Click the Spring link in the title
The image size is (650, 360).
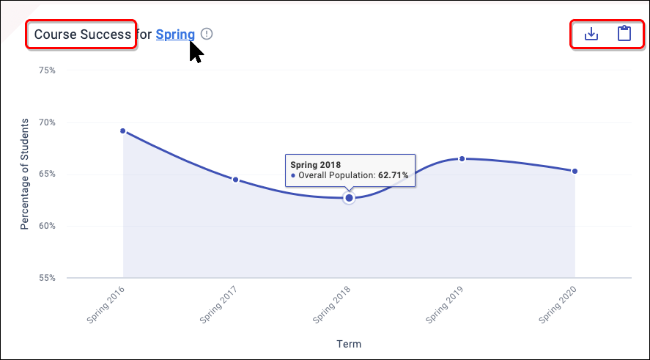(175, 34)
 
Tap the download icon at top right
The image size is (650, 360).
(591, 34)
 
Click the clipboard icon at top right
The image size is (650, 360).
(624, 34)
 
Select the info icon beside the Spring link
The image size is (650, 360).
(207, 34)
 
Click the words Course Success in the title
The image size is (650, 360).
(82, 34)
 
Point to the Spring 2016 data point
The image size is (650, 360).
(123, 131)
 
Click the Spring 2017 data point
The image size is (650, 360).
(235, 180)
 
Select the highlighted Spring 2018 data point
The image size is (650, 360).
(349, 198)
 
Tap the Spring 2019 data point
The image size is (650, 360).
(462, 158)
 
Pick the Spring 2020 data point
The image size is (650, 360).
(575, 172)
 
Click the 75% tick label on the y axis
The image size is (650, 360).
(47, 70)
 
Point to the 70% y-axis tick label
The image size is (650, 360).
(47, 122)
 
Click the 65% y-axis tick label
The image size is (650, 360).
(47, 175)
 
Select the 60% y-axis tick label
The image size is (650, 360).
(47, 226)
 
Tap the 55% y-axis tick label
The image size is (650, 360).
(47, 278)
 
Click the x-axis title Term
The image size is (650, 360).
(349, 344)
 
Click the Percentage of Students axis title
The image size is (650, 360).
(24, 174)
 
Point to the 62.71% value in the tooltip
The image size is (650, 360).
(393, 176)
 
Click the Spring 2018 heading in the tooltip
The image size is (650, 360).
(315, 164)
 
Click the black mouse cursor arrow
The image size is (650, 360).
(195, 51)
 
